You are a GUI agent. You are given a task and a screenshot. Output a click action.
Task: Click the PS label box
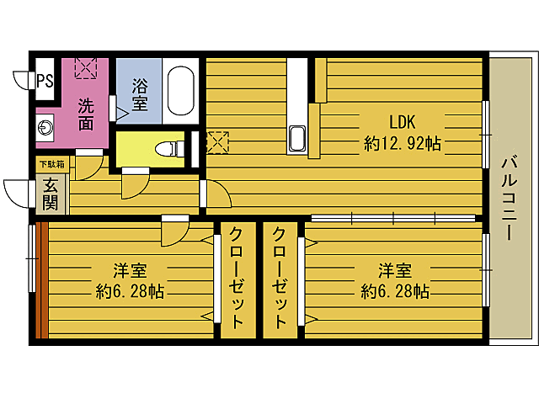point(45,81)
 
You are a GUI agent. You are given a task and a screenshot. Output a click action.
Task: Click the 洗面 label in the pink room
point(87,114)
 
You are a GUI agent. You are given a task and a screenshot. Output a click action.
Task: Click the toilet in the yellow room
point(170,149)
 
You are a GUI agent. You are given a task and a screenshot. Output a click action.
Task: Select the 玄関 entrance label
point(51,195)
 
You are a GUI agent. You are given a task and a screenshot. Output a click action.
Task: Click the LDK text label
point(402,120)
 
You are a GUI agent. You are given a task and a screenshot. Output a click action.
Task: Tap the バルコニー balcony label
point(510,199)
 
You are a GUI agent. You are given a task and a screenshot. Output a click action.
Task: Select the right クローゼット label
point(280,278)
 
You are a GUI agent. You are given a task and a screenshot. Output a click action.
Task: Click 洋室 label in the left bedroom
point(131,271)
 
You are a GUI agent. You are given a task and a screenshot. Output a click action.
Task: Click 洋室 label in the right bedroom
point(395,271)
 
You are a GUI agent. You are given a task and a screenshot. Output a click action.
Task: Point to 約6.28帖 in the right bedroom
point(395,291)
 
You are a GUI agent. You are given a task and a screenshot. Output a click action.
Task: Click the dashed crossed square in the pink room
point(86,68)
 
